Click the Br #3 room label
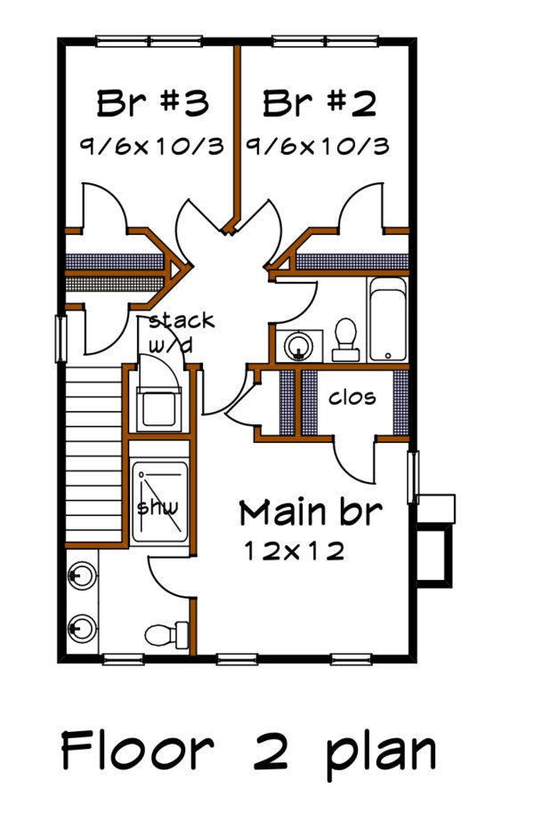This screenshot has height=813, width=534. [152, 104]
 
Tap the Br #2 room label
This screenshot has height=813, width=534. [319, 104]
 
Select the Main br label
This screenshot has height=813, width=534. [311, 512]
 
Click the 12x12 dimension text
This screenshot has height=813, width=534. [294, 551]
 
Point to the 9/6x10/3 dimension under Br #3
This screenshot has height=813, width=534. [152, 146]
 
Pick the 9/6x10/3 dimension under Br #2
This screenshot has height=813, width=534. [319, 146]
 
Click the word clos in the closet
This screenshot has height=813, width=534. [353, 398]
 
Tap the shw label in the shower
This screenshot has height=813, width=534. [158, 507]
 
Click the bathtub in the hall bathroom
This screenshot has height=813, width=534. [386, 320]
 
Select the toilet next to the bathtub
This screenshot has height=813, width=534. [345, 339]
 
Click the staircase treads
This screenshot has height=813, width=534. [93, 454]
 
